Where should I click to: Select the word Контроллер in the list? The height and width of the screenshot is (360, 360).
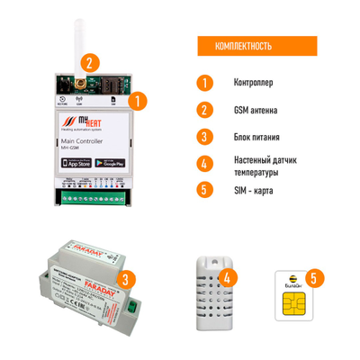point(255,83)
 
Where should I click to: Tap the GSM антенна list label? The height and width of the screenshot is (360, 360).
point(256,110)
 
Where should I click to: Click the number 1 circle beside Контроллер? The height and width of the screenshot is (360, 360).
point(206,83)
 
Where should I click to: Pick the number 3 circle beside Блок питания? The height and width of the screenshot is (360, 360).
point(206,137)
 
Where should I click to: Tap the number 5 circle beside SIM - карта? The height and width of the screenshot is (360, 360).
point(206,191)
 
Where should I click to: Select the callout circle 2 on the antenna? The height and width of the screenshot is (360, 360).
point(88,62)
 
